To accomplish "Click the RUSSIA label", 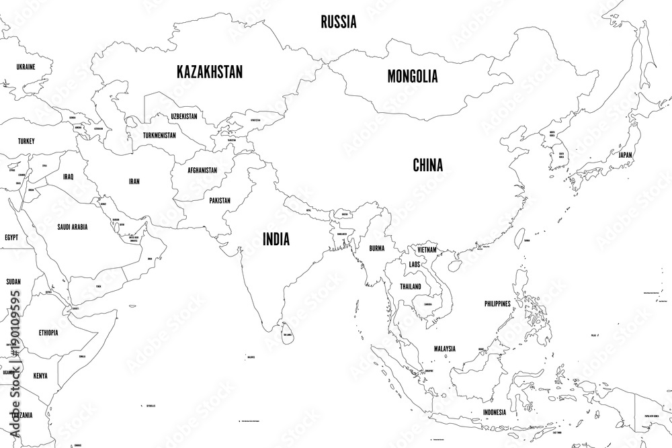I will pos(338,22).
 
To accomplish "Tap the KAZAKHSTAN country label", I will pos(210,72).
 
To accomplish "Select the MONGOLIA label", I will pos(413,76).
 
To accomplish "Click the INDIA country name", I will pos(276,238).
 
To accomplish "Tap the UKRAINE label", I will pos(26,67).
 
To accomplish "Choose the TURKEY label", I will pos(26,141).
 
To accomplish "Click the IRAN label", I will pos(134,181).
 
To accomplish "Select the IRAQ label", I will pos(68,177).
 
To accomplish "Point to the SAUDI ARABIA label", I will pos(73,226).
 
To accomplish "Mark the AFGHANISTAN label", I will pos(199,170).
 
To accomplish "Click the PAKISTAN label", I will pos(220,200).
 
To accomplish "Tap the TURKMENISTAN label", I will pos(159,135).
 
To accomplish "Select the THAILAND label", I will pos(410,286).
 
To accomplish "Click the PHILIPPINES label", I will pos(497,304).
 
